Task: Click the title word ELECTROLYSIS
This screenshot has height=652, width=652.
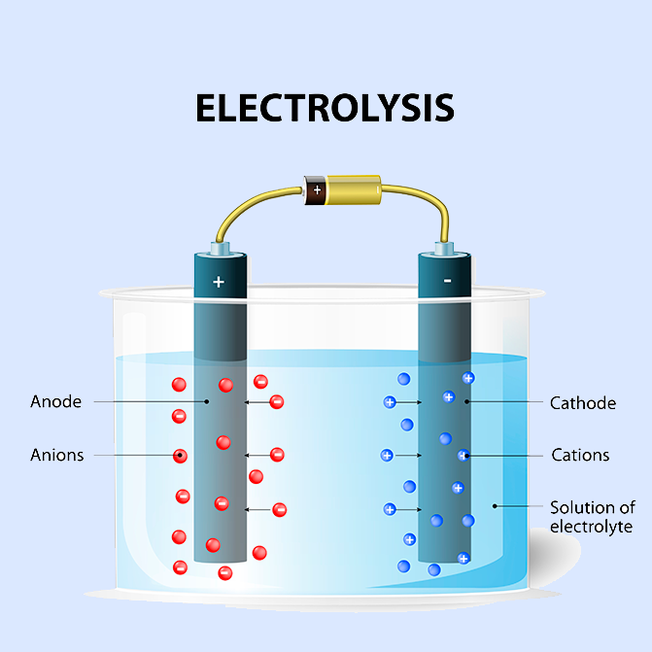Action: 325,108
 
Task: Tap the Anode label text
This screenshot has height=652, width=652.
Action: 55,401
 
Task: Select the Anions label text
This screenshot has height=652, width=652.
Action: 57,455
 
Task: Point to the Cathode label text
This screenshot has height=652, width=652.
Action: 583,403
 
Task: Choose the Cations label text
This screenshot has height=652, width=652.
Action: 580,455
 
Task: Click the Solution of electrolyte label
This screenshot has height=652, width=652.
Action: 593,517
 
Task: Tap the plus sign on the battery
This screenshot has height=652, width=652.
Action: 318,190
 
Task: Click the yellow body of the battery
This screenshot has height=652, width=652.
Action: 353,190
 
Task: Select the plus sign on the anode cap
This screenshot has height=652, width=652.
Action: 219,283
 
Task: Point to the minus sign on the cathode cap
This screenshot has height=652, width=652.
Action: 447,281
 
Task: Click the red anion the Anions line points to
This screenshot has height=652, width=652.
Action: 180,456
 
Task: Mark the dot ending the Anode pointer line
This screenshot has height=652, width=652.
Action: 207,401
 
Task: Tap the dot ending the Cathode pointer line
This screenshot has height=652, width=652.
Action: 466,401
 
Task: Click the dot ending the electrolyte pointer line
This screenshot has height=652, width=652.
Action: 495,506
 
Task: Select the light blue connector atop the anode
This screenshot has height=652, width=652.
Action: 220,248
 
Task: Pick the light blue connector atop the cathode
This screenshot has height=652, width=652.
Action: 444,248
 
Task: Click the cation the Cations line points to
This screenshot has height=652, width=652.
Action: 463,456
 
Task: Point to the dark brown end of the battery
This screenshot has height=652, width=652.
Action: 315,190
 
